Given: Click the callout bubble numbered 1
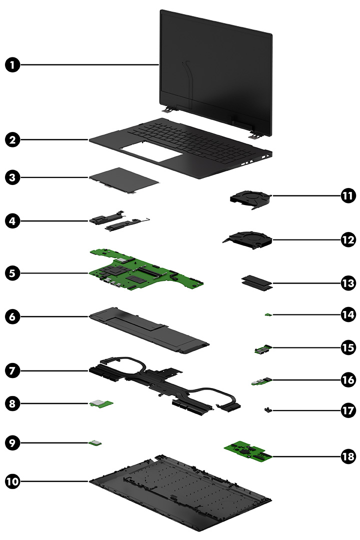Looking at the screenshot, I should (13, 64).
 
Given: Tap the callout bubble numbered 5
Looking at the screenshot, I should (13, 273).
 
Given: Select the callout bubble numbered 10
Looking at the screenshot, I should (13, 481).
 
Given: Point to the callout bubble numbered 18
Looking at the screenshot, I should (347, 456).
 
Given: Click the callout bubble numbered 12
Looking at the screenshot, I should (347, 239).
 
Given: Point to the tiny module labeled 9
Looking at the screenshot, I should (95, 442).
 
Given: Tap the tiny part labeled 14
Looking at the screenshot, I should (268, 314).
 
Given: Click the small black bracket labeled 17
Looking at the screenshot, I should (268, 410).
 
